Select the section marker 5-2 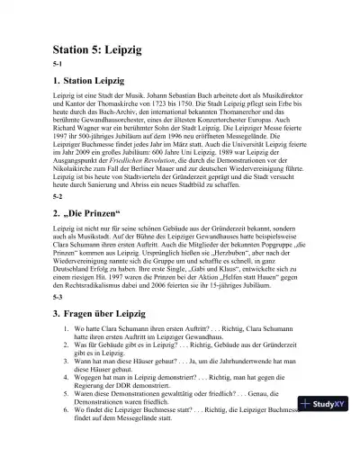click(x=58, y=220)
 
